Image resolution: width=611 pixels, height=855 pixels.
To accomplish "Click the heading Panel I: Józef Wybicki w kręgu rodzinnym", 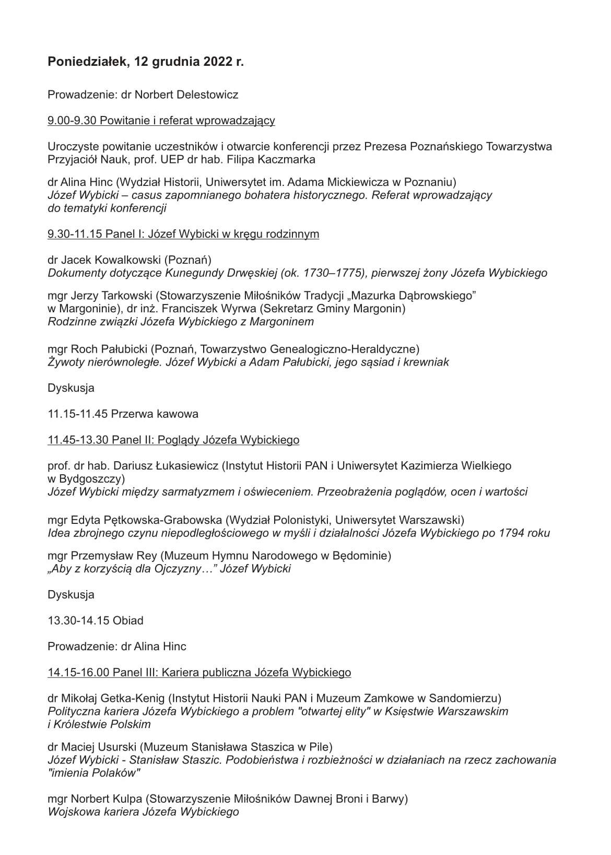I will pos(212,234).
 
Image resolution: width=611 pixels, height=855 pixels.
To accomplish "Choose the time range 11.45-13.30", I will pos(78,440).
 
